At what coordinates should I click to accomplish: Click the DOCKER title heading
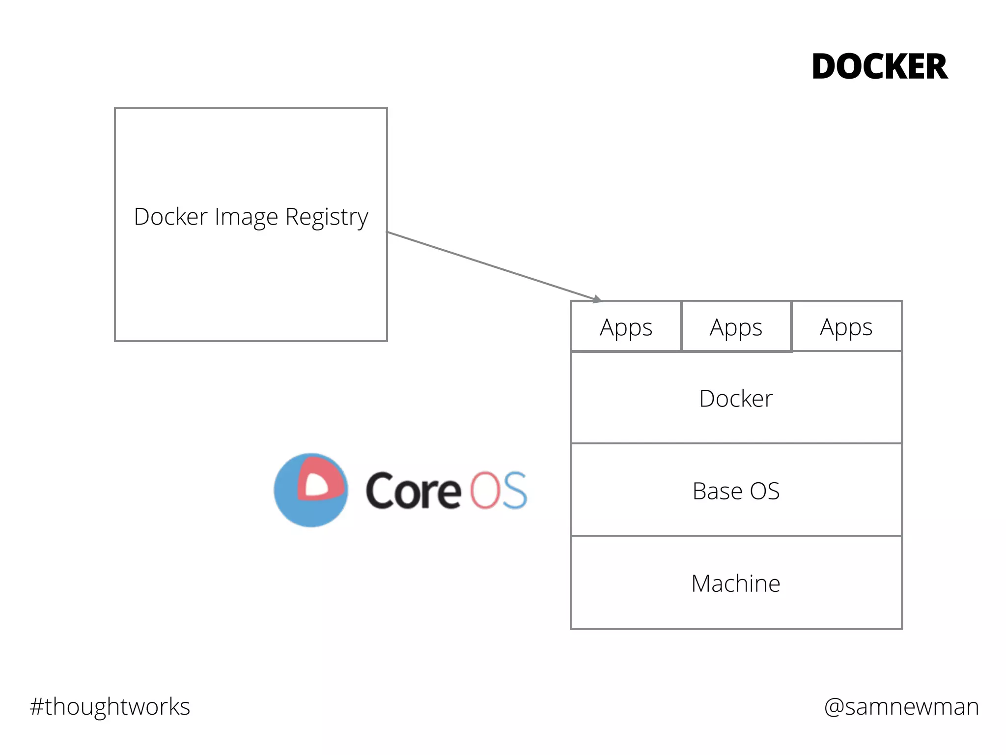879,67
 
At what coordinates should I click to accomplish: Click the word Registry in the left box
327,217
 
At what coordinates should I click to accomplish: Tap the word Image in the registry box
246,217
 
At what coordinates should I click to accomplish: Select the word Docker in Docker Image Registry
170,217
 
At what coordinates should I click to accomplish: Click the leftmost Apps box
626,327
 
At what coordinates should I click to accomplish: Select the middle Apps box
736,327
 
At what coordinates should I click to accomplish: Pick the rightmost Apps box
846,327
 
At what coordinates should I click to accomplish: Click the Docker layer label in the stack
736,398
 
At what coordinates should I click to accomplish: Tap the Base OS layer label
736,491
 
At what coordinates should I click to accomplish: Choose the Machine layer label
736,583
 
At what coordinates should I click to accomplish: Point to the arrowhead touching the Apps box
596,299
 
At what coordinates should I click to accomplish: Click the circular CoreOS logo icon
310,490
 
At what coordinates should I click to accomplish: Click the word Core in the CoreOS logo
413,491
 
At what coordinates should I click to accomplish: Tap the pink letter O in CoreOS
485,490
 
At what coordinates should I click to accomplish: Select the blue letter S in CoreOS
514,490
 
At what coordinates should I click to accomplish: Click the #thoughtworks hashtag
110,707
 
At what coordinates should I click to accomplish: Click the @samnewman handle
901,707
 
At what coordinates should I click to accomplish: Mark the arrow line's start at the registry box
388,232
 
